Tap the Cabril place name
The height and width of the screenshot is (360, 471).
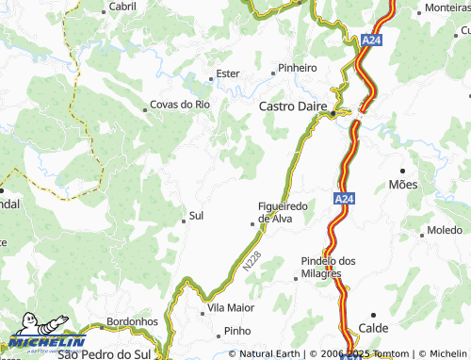[122, 6]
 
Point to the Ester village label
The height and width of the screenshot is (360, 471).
[228, 73]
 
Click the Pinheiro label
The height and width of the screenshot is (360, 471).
[297, 69]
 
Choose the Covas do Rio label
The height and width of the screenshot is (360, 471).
[181, 105]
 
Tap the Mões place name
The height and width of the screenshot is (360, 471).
[402, 186]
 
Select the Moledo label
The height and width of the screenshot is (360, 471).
[444, 230]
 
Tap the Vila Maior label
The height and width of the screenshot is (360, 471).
[232, 308]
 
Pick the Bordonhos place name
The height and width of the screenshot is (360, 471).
[132, 321]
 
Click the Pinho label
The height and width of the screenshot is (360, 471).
[237, 332]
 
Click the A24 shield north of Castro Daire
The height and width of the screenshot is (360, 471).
[371, 41]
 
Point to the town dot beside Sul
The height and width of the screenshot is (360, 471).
[183, 220]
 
